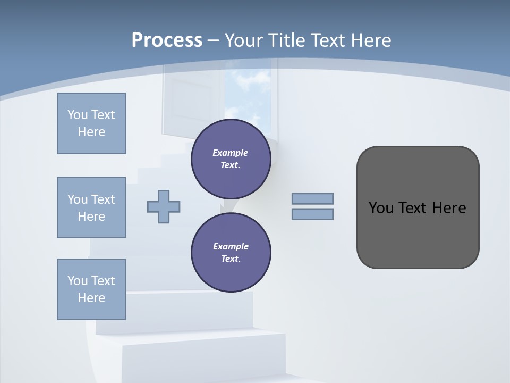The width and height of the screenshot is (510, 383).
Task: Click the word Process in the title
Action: click(x=167, y=40)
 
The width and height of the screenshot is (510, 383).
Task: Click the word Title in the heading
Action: click(x=285, y=40)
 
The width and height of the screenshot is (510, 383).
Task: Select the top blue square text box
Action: click(x=91, y=123)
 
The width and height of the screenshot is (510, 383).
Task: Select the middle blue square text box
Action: click(x=91, y=207)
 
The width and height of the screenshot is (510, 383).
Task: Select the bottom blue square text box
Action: click(x=91, y=289)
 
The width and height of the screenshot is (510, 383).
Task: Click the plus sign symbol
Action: click(x=164, y=206)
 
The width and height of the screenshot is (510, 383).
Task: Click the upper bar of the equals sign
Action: click(x=313, y=199)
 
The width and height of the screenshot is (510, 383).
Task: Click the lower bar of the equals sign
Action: click(x=313, y=214)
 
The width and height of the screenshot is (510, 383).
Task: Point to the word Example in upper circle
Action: click(x=231, y=153)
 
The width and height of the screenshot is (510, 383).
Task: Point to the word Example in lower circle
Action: click(x=231, y=246)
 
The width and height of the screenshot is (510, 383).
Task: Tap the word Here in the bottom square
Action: click(x=91, y=298)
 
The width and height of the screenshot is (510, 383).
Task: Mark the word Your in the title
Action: click(x=243, y=40)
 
